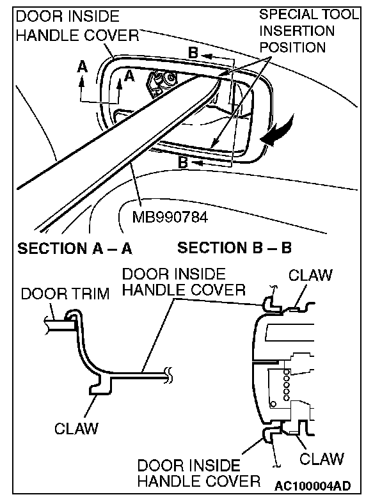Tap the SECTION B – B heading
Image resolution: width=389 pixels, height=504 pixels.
[234, 248]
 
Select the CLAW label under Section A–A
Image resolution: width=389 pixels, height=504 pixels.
[76, 428]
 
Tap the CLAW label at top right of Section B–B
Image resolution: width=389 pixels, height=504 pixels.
[311, 276]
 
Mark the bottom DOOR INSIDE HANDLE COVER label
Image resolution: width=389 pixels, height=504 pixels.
[199, 473]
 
